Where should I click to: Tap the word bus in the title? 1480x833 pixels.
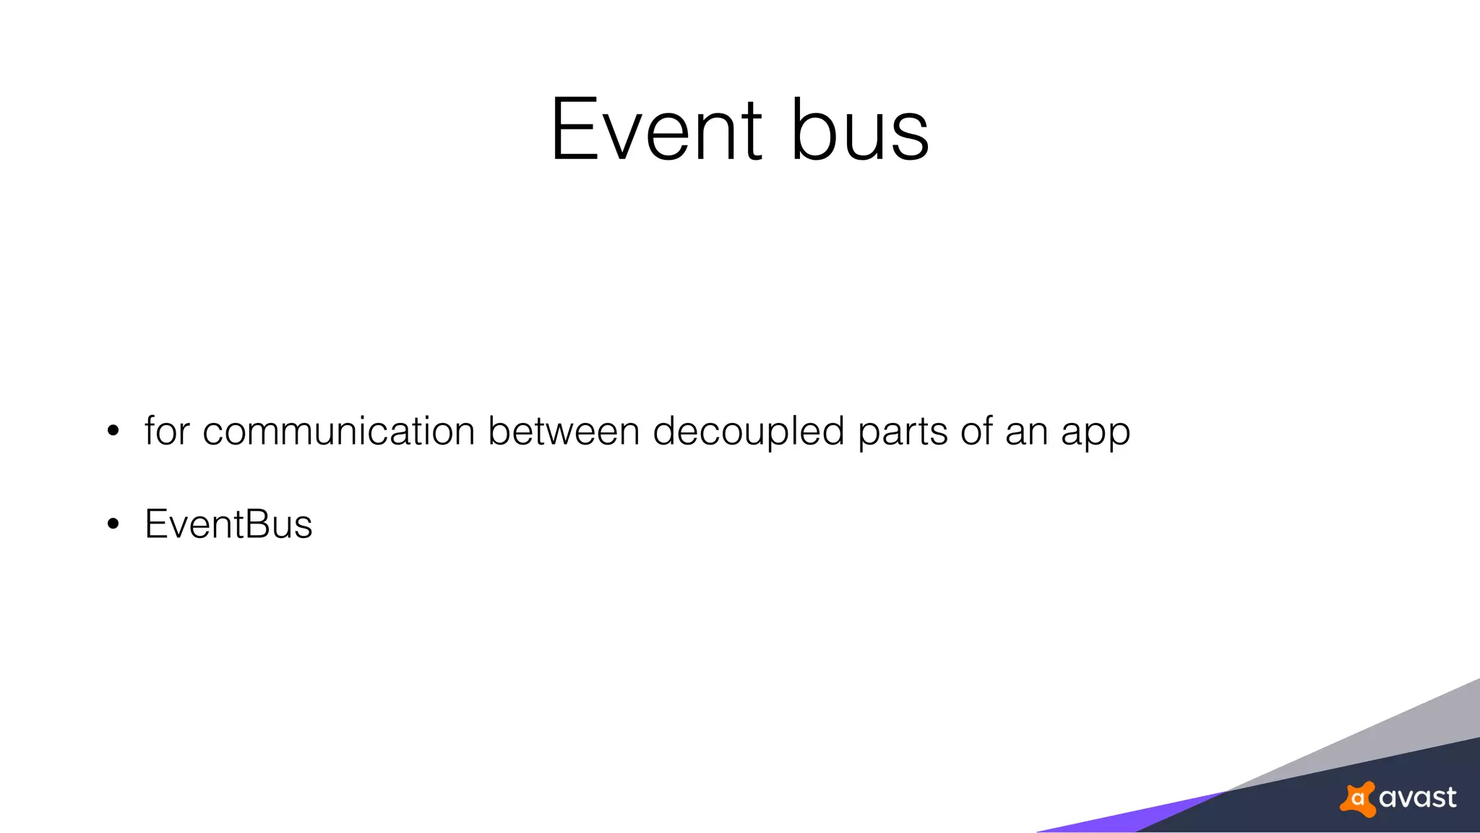pos(860,130)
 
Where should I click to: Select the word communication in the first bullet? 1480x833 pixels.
pos(338,431)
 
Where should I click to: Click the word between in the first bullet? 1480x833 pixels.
pos(564,431)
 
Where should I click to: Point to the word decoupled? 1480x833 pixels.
pos(749,432)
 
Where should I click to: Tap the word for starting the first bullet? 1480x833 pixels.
pos(167,431)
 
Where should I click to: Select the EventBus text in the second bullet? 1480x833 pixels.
pos(228,524)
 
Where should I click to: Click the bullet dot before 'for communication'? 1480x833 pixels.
pos(113,432)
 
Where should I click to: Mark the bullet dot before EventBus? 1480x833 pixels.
pos(113,524)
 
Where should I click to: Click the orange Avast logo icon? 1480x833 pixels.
pos(1358,799)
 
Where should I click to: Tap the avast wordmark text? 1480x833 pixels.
pos(1417,798)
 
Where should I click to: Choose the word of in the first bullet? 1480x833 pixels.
pos(976,431)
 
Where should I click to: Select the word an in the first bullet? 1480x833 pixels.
pos(1026,432)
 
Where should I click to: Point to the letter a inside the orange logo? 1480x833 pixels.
pos(1358,799)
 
